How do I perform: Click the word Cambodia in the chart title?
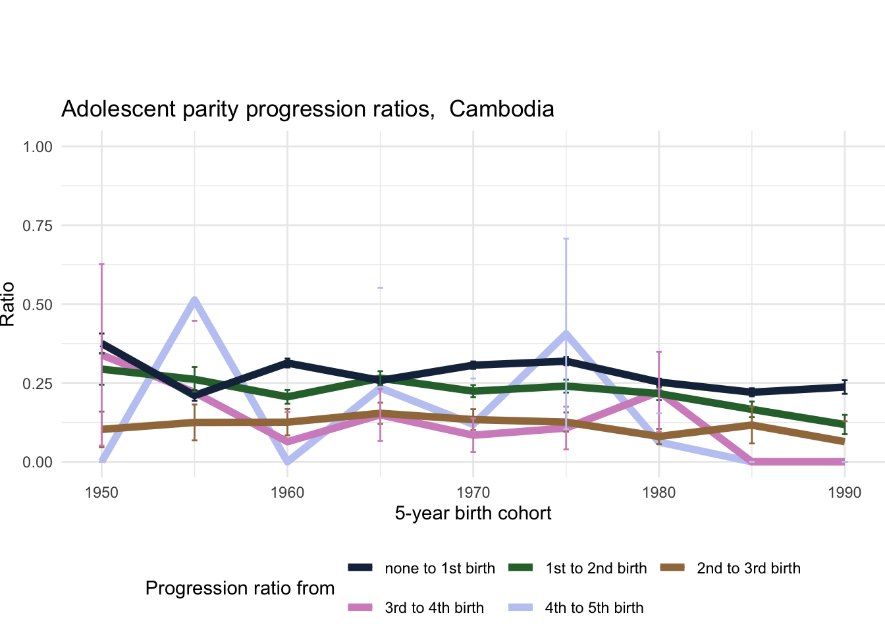point(502,109)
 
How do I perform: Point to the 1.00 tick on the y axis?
point(38,146)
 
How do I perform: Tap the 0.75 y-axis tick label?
point(38,225)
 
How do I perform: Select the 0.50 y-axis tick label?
point(38,304)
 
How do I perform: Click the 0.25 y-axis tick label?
point(38,383)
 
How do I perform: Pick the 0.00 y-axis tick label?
point(38,462)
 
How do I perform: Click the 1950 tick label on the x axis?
point(101,492)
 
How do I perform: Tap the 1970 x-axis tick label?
point(473,492)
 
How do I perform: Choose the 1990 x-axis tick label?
point(845,492)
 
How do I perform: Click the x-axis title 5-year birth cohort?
point(473,513)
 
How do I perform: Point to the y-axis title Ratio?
point(8,304)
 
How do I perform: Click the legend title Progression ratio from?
point(240,588)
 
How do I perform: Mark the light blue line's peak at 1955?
point(194,300)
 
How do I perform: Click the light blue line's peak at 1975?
point(566,334)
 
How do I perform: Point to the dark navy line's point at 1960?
point(288,362)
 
